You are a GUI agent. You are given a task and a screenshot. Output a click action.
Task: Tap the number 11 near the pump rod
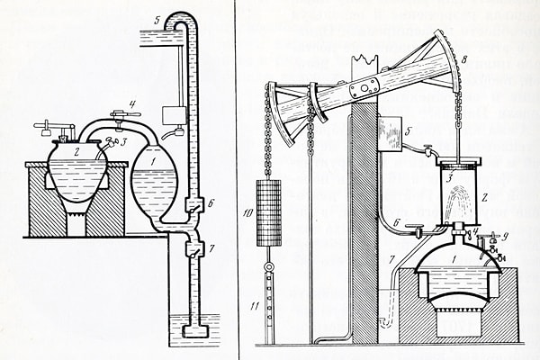(256, 309)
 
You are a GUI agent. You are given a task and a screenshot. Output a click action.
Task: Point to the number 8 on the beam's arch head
(464, 59)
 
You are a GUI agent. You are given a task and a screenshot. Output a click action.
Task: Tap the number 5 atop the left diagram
(156, 19)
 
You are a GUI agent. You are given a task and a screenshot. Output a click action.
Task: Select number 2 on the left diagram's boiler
(77, 152)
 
